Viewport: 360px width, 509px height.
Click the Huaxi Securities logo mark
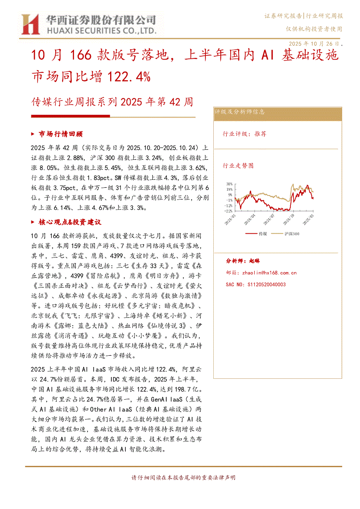coord(30,24)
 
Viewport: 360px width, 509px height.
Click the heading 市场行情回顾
coord(61,134)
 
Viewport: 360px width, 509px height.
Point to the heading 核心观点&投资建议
coord(70,222)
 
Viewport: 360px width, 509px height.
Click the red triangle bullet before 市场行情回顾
coord(34,134)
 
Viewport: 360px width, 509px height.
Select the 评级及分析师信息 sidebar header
coord(240,112)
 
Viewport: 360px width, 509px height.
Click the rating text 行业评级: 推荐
coord(245,134)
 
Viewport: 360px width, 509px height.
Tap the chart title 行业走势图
coord(238,165)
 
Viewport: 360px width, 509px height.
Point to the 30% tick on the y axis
coord(229,184)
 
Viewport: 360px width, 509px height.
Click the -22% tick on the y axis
coord(229,211)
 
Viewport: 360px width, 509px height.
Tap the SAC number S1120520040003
coord(256,284)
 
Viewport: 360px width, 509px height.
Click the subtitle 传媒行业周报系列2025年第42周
coord(112,102)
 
